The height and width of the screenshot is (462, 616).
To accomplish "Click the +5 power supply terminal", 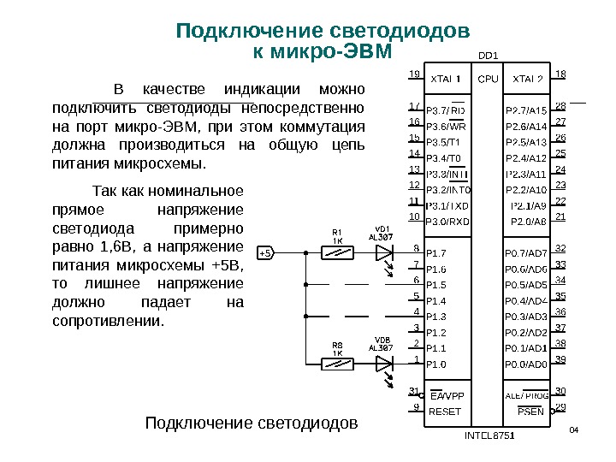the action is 265,253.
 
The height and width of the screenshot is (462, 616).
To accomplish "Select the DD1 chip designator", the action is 488,58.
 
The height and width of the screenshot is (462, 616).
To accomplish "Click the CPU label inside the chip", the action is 488,79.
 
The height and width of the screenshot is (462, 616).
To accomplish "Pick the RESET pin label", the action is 444,412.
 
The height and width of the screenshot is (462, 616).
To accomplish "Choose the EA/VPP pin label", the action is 447,396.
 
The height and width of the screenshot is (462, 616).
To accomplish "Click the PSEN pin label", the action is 531,412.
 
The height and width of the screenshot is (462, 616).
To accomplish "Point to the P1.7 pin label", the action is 436,253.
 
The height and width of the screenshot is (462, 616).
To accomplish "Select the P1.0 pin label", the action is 436,364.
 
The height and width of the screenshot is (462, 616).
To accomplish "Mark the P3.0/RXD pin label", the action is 447,221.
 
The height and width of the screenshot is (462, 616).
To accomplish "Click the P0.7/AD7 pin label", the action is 526,253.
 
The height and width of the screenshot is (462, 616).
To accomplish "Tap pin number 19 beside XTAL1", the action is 414,74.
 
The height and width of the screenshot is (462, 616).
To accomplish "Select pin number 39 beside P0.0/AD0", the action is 561,359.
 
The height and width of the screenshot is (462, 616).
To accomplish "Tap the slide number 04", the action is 574,428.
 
